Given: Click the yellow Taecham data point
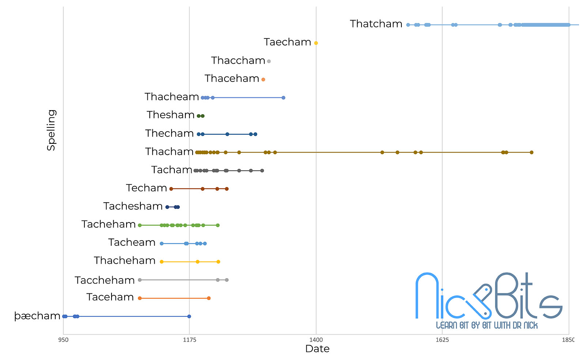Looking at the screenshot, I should click(316, 43).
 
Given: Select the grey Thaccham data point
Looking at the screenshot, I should click(269, 61).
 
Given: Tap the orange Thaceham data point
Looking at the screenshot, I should click(263, 79).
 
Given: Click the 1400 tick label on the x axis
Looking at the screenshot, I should click(316, 340).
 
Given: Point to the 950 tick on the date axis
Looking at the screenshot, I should click(63, 340).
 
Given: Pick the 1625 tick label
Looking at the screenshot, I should click(442, 340).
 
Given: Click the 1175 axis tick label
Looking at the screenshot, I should click(189, 340).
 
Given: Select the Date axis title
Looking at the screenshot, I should click(317, 349).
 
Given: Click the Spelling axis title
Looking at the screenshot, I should click(51, 130).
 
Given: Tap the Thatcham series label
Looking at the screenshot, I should click(376, 24).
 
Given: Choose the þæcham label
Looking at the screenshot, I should click(37, 316).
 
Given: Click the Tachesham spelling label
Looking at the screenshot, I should click(133, 206).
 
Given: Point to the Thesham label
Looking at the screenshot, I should click(170, 115).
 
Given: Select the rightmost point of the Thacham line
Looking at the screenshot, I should click(531, 152).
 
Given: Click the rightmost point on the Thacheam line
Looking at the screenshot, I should click(283, 98).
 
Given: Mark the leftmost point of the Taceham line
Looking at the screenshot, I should click(140, 298).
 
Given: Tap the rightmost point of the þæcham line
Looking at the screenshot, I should click(189, 316).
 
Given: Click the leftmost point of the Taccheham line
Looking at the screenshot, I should click(140, 280).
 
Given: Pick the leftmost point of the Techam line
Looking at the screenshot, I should click(171, 189).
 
